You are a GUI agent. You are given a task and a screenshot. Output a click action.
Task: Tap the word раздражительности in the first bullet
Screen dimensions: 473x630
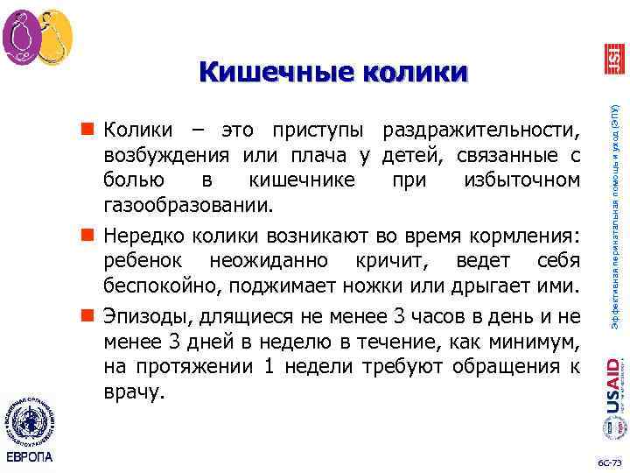coord(480,131)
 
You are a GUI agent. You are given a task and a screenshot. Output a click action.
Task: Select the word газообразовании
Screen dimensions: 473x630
coord(187,205)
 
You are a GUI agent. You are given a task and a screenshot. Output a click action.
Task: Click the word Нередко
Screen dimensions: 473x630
coord(141,236)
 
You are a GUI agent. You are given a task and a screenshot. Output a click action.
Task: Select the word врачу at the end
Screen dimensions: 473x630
coord(133,391)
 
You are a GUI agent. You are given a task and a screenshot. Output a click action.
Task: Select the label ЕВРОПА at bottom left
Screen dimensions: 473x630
coord(29,457)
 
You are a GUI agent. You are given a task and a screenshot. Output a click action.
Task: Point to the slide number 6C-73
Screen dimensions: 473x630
coord(605,461)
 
